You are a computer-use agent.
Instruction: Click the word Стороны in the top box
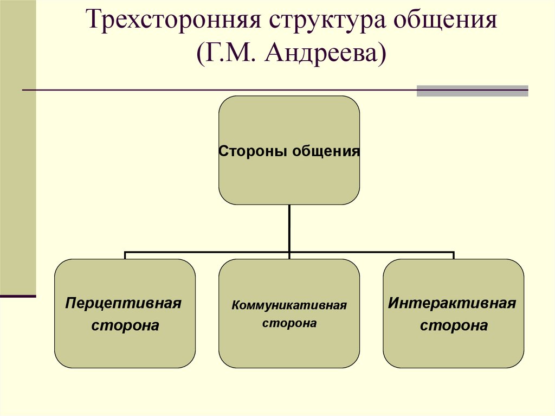253,151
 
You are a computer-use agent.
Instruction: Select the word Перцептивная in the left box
123,303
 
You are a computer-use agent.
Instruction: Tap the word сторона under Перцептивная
125,326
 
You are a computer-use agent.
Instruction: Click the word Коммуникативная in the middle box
289,305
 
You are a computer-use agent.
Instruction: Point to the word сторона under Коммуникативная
289,324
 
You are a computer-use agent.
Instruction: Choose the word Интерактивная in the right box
452,303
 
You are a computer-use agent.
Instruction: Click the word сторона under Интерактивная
454,326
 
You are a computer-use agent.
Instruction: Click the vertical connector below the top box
289,228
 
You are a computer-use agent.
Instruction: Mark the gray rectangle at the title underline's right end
472,91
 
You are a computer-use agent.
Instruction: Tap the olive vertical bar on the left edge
17,146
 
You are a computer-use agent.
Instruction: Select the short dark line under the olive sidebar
17,296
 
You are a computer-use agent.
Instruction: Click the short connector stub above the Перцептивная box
125,255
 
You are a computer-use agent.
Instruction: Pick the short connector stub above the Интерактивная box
453,255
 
